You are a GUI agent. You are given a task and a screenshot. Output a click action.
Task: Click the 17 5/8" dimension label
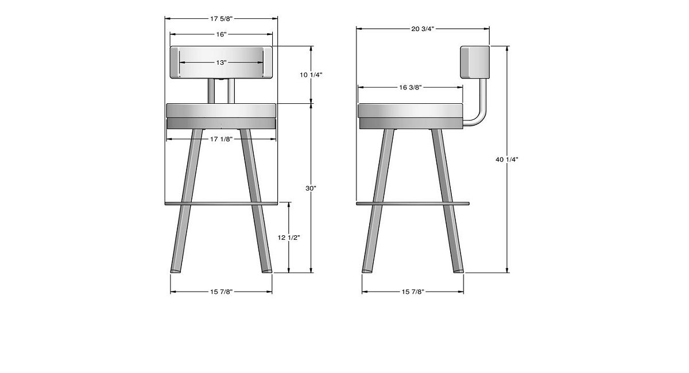pos(221,19)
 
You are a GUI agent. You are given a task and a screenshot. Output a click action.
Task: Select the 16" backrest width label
pos(221,34)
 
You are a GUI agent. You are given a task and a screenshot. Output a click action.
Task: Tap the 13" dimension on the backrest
pos(221,63)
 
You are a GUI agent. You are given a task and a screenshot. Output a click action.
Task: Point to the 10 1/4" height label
pos(311,75)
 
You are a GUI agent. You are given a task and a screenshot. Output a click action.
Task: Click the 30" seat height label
pos(311,188)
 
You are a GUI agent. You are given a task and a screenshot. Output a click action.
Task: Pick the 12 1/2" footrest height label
pos(288,238)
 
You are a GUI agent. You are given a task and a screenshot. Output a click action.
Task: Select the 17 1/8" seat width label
pos(221,139)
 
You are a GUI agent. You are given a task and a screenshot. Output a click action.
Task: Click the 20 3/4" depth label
pos(423,29)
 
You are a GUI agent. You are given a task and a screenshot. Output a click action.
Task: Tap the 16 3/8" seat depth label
pos(411,88)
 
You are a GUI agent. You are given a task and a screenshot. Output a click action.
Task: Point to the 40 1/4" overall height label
pos(507,160)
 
